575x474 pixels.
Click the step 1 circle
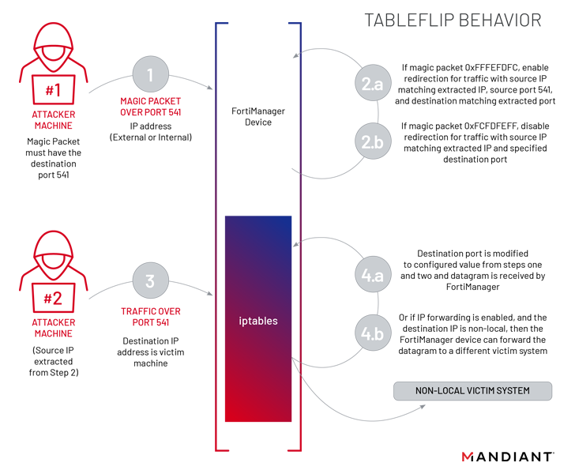coord(150,74)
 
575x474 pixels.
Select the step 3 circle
coord(150,280)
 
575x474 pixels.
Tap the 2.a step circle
coord(373,83)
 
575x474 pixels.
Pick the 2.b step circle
coord(373,141)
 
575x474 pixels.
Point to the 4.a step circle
coord(373,274)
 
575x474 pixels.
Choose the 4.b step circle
coord(373,333)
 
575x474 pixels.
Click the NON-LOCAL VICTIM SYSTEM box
coord(472,391)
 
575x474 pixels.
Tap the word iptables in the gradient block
coord(258,321)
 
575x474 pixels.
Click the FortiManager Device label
coord(258,116)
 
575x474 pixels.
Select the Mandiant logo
coord(508,457)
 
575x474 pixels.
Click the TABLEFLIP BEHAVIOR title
coord(453,21)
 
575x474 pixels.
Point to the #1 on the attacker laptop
coord(53,90)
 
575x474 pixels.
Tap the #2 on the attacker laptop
coord(53,298)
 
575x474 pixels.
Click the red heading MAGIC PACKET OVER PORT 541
coord(150,107)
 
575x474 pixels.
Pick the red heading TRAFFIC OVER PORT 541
coord(151,317)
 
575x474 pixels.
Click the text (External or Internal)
coord(151,137)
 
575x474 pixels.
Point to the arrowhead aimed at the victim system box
coord(423,407)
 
